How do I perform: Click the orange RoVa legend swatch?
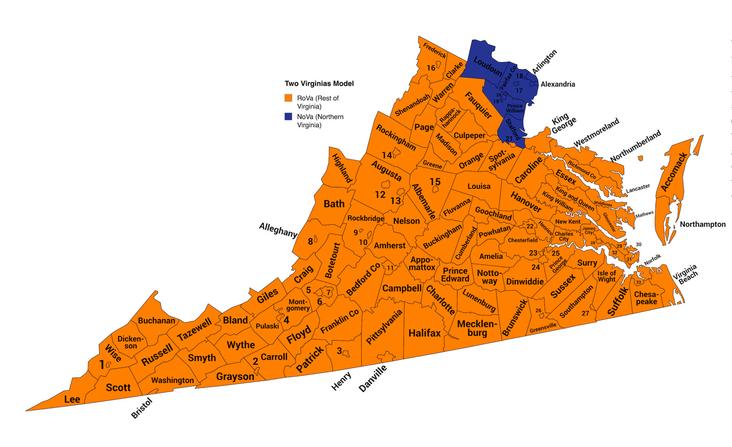click(x=289, y=98)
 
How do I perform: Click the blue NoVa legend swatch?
click(x=289, y=117)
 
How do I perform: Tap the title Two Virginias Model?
click(x=319, y=83)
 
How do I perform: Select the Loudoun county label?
click(x=487, y=67)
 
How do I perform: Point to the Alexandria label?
click(x=558, y=84)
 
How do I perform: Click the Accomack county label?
click(x=674, y=172)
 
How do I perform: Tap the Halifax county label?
click(x=425, y=333)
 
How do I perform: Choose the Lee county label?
click(x=72, y=399)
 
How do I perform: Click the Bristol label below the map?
click(x=142, y=409)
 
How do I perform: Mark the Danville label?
click(x=373, y=379)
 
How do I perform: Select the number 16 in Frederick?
click(x=431, y=68)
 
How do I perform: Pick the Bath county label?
click(x=334, y=204)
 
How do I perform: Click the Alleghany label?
click(x=278, y=230)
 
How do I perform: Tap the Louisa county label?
click(x=479, y=186)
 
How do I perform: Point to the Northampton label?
click(x=702, y=224)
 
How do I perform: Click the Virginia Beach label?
click(x=685, y=274)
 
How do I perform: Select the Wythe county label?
click(x=241, y=345)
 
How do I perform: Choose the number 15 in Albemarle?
click(x=435, y=182)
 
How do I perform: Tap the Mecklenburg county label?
click(x=477, y=328)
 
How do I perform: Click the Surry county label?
click(x=587, y=263)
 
